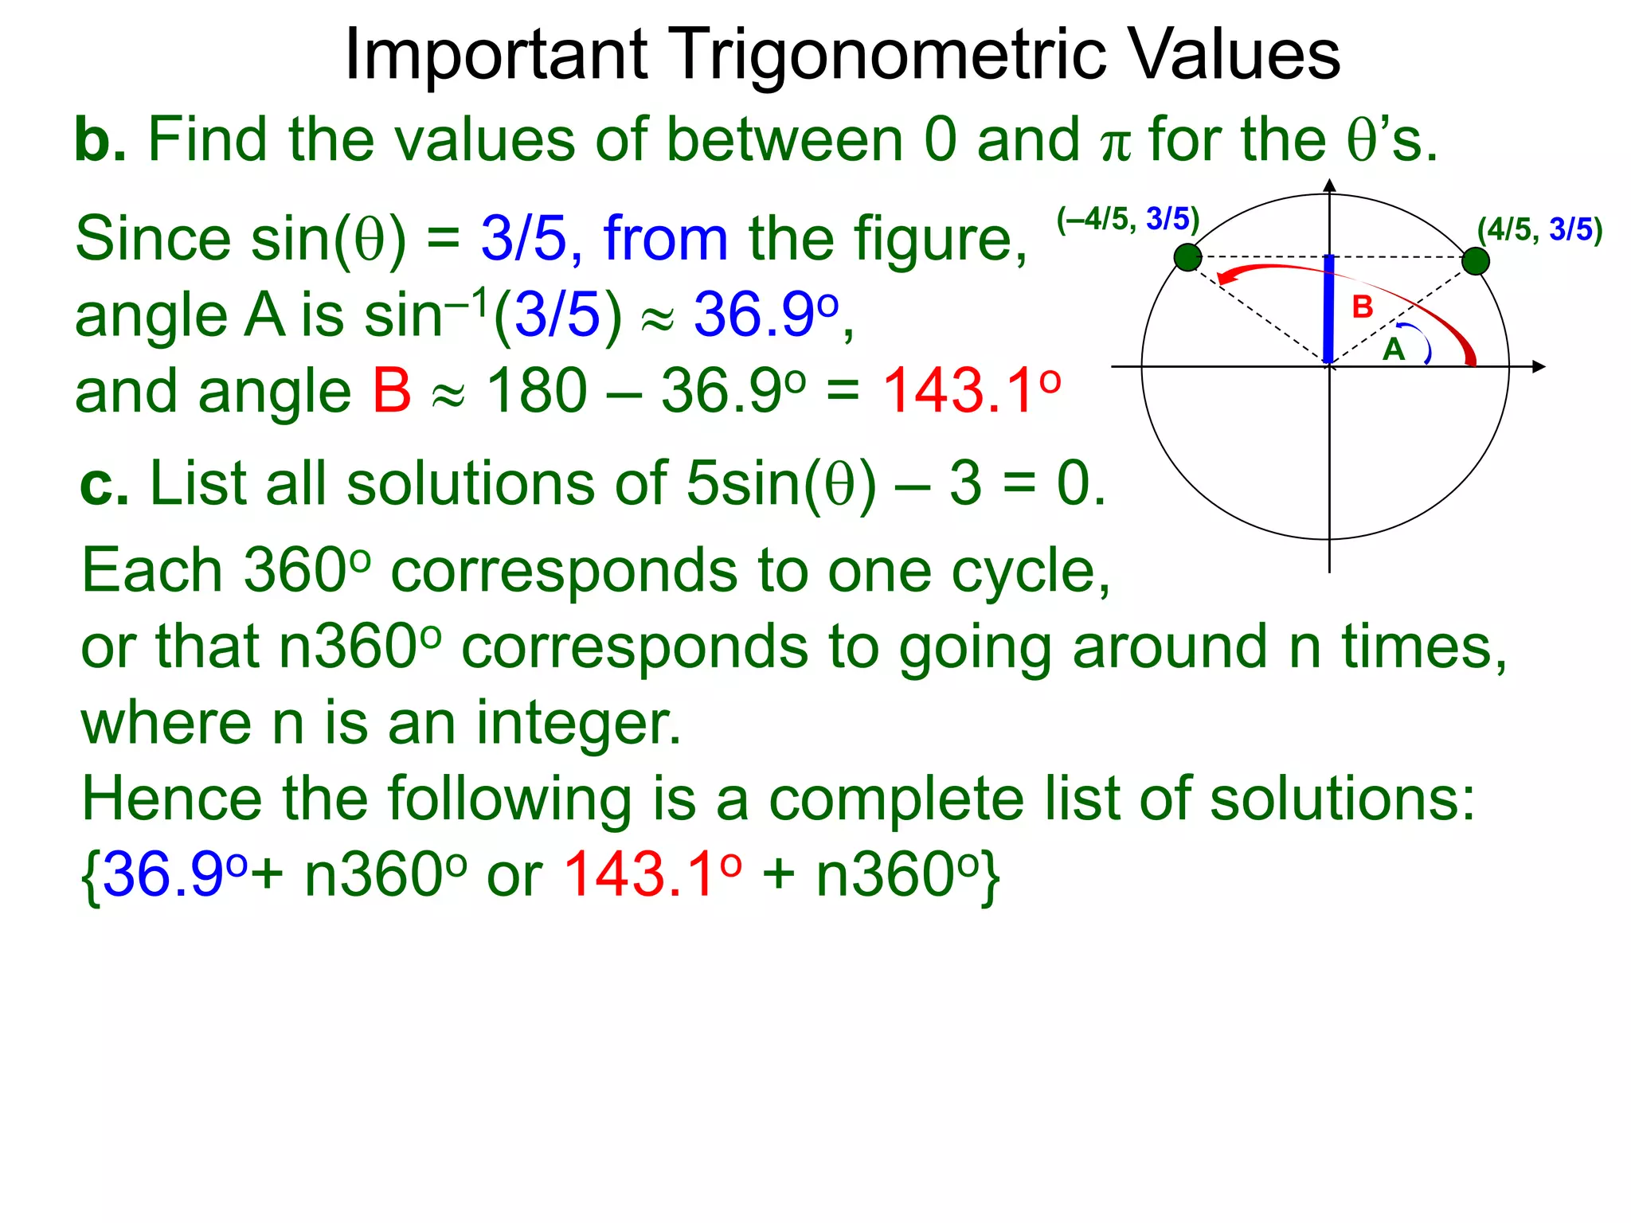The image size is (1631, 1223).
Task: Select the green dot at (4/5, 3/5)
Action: coord(1475,261)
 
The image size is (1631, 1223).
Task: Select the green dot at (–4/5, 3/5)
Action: coord(1187,258)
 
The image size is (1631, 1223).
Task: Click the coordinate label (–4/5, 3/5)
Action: coord(1127,219)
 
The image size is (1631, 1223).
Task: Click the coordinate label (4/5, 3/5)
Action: coord(1539,230)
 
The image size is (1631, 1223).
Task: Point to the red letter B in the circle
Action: coord(1362,307)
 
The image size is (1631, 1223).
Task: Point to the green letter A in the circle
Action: coord(1393,350)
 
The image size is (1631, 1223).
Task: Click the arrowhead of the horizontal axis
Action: coord(1538,366)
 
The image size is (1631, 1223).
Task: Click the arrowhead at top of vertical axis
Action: coord(1329,186)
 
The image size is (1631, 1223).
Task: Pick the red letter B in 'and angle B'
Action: coord(391,392)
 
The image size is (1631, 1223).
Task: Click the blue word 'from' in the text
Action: coord(665,239)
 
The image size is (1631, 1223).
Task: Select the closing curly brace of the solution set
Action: coord(990,877)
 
